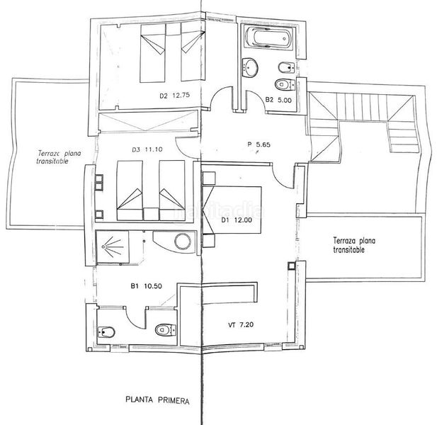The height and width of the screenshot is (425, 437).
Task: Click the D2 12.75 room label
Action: (x=174, y=96)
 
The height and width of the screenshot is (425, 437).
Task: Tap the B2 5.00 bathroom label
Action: (x=278, y=99)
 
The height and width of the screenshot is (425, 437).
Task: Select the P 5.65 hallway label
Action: (x=259, y=144)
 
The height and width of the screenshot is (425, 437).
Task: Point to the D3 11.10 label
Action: (x=147, y=149)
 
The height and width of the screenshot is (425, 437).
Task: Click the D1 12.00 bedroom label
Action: (x=237, y=220)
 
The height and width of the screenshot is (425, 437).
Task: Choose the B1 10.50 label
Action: (x=147, y=286)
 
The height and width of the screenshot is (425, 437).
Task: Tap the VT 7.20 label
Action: (x=241, y=324)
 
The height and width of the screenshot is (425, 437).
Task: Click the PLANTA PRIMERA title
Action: (x=157, y=400)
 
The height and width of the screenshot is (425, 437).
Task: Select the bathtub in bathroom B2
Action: (x=268, y=38)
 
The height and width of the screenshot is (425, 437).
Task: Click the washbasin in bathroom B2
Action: (x=250, y=67)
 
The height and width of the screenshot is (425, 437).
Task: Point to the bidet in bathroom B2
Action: (x=287, y=67)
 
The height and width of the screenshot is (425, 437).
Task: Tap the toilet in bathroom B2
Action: (x=285, y=84)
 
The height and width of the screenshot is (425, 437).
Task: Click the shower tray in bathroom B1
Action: (x=113, y=247)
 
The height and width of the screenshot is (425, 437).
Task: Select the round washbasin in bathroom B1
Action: (x=183, y=242)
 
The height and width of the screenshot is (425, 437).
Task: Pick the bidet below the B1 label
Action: (x=106, y=331)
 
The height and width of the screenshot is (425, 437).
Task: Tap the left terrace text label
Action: (x=59, y=157)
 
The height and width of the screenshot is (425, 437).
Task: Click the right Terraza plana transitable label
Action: (x=354, y=245)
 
